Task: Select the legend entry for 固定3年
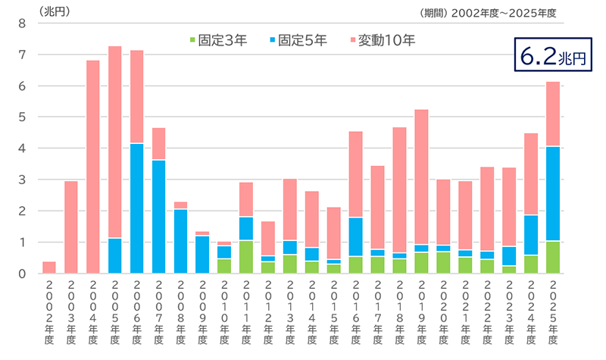click(x=216, y=39)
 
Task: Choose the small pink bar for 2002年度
click(x=49, y=267)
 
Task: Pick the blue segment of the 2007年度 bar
click(x=159, y=216)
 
